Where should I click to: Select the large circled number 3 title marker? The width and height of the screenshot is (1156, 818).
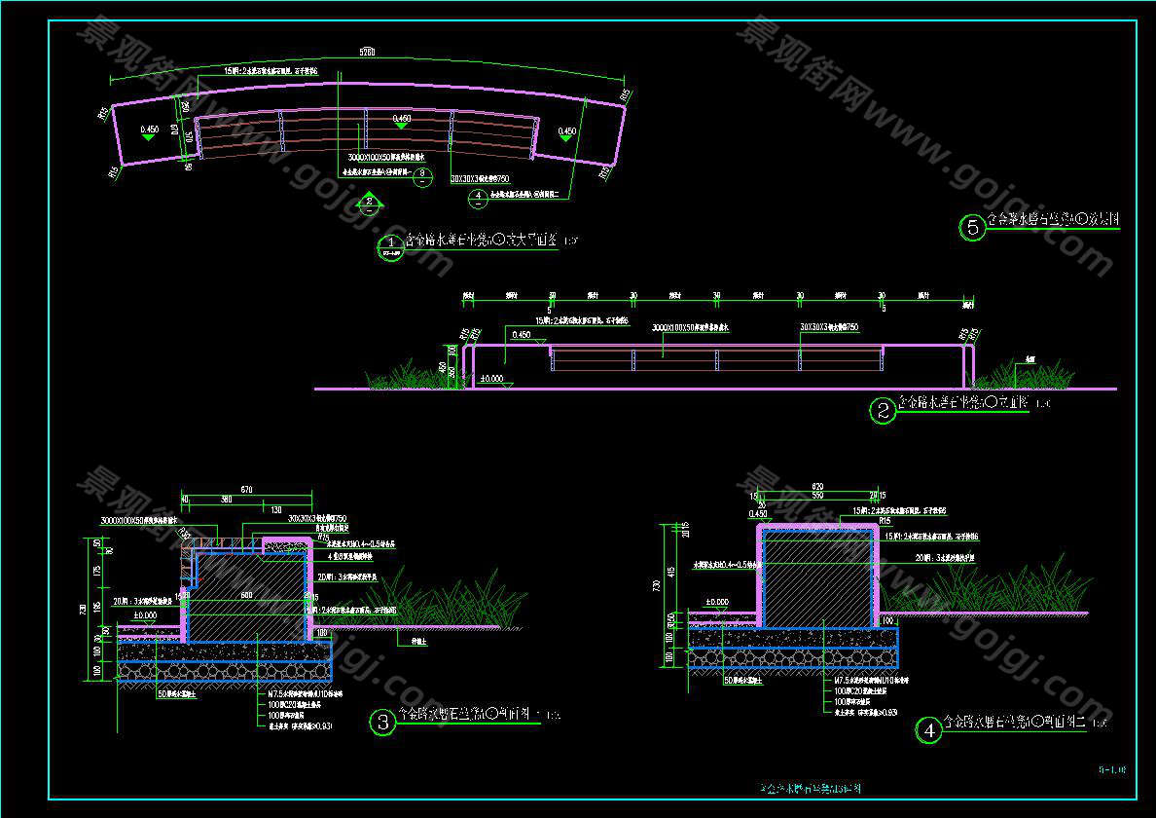pos(383,723)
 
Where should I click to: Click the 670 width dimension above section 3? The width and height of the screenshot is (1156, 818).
pos(246,490)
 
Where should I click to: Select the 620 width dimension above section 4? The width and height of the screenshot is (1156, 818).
pos(816,486)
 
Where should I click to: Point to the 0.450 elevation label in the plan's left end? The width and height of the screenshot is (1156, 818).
pos(149,130)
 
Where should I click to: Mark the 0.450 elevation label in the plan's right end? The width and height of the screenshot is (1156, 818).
pos(566,130)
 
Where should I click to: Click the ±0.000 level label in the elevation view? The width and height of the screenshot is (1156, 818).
pos(492,377)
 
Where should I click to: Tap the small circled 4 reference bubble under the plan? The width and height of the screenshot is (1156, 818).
pos(478,198)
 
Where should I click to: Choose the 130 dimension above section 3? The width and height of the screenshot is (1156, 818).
pos(276,510)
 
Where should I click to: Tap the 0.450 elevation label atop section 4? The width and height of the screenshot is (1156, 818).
pos(758,513)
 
